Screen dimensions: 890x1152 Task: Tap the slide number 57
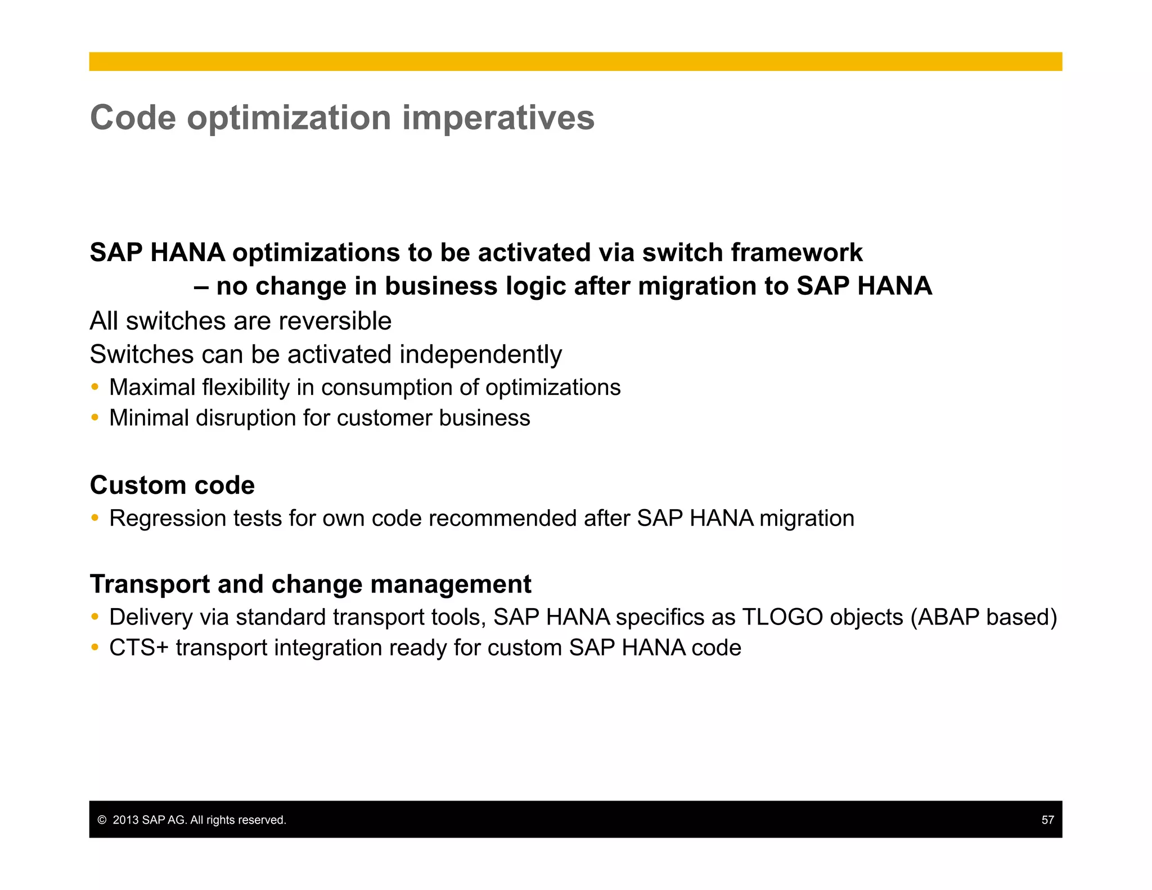coord(1047,820)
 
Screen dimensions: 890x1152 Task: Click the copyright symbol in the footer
coord(102,820)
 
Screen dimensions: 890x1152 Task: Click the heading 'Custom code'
coord(172,485)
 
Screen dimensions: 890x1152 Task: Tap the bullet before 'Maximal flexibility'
coord(95,387)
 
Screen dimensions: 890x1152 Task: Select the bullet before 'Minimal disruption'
coord(95,417)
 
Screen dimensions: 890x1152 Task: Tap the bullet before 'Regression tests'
coord(95,518)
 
